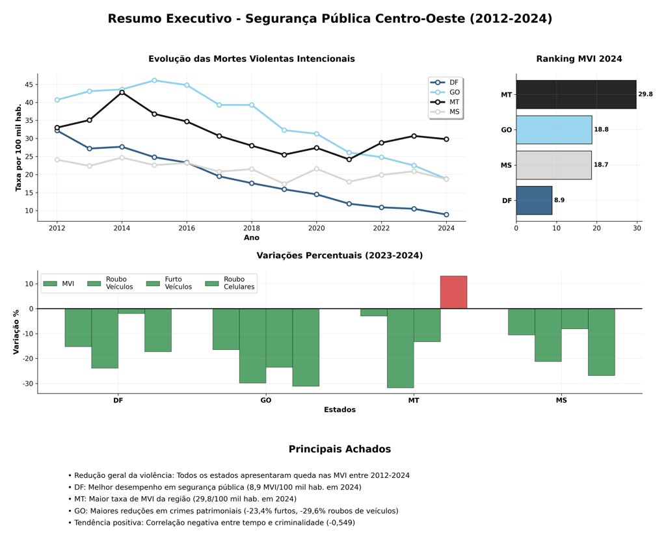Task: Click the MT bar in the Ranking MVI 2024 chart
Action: [x=576, y=94]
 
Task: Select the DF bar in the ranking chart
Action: [x=535, y=200]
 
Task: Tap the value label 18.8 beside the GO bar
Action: [x=601, y=129]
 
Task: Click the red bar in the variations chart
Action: [x=453, y=293]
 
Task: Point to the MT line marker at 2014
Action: [x=122, y=92]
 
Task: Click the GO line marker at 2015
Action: [x=154, y=80]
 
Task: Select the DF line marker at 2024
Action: [x=446, y=215]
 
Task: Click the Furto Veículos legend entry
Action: [x=169, y=283]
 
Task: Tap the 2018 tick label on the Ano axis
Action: [x=252, y=228]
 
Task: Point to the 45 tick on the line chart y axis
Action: [x=29, y=85]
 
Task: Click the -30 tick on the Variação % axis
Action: [x=27, y=384]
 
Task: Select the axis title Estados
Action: [x=340, y=410]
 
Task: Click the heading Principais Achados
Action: [x=340, y=449]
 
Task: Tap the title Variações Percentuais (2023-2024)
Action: [x=340, y=256]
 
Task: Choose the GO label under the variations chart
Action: [x=266, y=401]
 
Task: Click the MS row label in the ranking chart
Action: [x=506, y=165]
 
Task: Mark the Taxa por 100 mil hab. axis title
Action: [x=18, y=148]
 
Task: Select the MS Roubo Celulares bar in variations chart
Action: [x=602, y=342]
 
